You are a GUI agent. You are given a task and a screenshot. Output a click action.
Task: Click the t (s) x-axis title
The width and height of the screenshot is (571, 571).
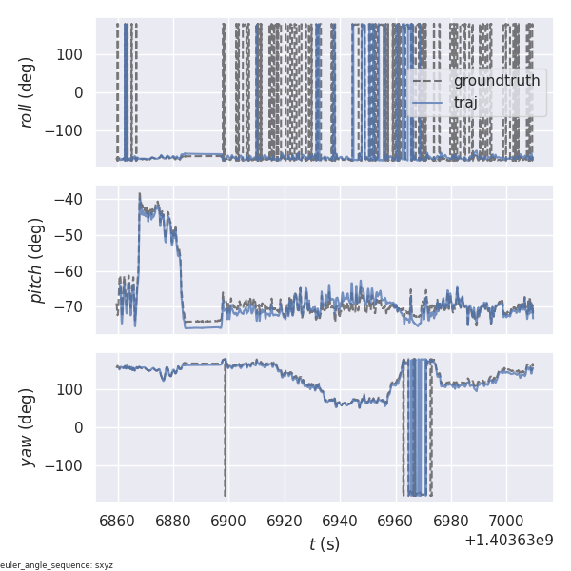coord(324,544)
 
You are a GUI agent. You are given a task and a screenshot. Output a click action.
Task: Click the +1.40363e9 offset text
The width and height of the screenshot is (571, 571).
coord(509,541)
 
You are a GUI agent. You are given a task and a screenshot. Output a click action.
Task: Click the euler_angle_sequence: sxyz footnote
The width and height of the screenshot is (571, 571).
coord(57,565)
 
